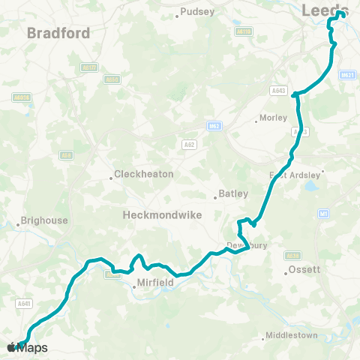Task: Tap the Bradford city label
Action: click(58, 33)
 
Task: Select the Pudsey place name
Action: click(196, 12)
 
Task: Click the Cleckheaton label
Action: click(145, 175)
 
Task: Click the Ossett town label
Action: click(305, 270)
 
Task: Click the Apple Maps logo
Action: click(27, 347)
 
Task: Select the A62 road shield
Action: click(188, 142)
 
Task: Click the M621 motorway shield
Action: click(346, 75)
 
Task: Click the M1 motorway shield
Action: click(324, 214)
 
